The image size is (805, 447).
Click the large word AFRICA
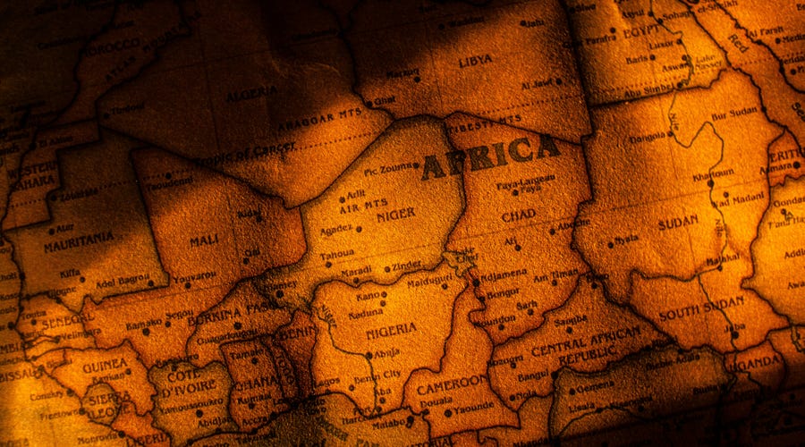click(490, 157)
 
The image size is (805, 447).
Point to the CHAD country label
click(519, 215)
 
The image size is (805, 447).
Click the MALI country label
click(204, 240)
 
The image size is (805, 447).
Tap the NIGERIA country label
click(391, 328)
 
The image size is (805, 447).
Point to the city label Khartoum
click(714, 172)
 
